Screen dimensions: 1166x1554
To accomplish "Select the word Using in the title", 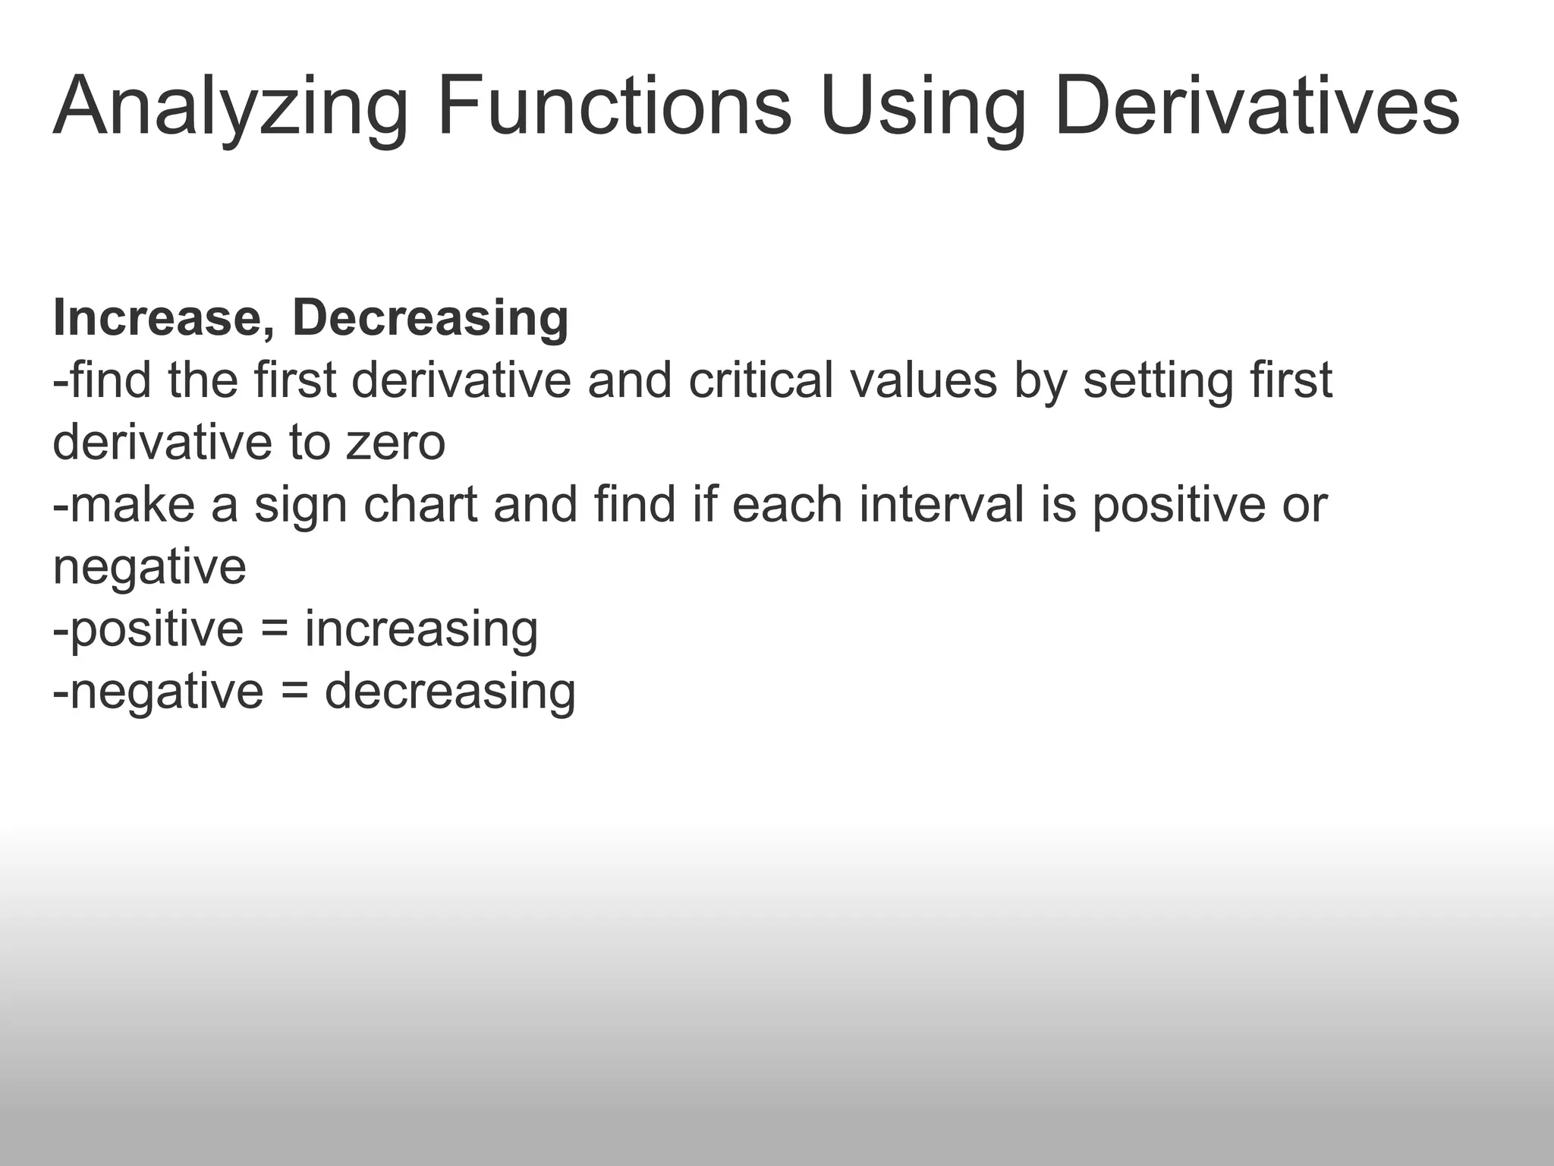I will click(923, 106).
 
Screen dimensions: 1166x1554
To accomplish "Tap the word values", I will click(923, 380).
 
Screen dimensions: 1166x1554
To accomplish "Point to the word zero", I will click(395, 443).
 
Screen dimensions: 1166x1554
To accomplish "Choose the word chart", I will click(420, 504).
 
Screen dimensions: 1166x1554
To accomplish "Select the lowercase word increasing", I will click(421, 630).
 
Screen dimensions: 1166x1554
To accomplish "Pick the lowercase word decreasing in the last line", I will click(450, 692).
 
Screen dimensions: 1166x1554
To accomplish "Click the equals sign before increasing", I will click(274, 630).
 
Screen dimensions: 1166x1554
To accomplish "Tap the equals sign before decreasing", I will click(294, 692).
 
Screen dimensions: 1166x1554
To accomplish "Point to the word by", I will click(1039, 381).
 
